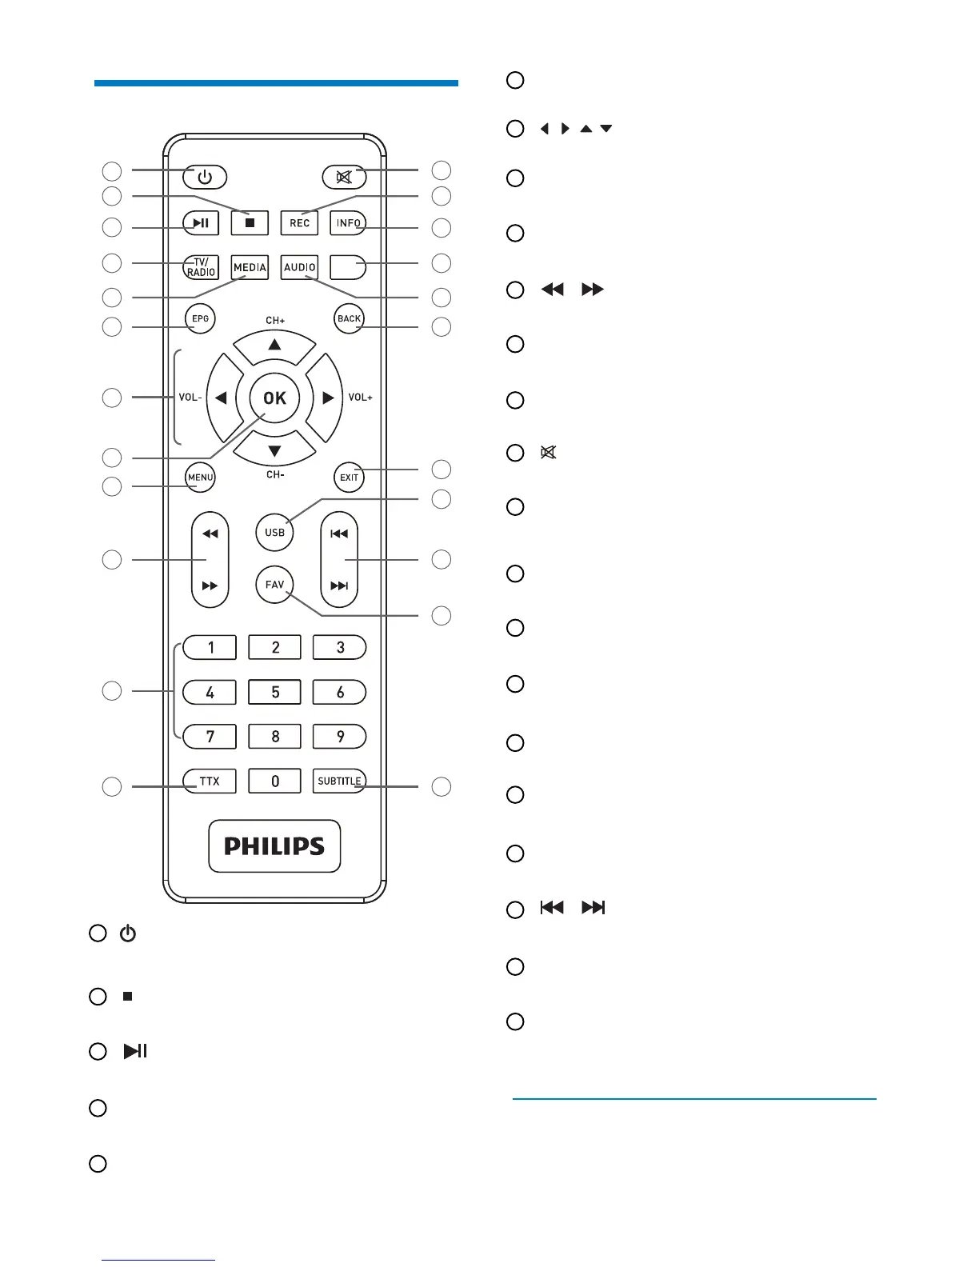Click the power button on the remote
(x=205, y=177)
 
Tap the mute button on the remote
(x=344, y=177)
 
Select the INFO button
(x=348, y=223)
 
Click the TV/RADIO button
(x=201, y=267)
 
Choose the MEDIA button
(x=250, y=267)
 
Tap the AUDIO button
(x=300, y=267)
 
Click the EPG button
(x=200, y=318)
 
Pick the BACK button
(x=349, y=318)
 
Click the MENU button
(x=200, y=478)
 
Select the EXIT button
(x=349, y=478)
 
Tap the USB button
(x=274, y=532)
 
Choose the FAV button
(x=274, y=585)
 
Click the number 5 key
(x=274, y=692)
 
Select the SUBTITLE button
(x=339, y=781)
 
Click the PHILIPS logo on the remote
(x=274, y=846)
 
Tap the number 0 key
(x=274, y=781)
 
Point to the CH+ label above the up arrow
(x=275, y=321)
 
